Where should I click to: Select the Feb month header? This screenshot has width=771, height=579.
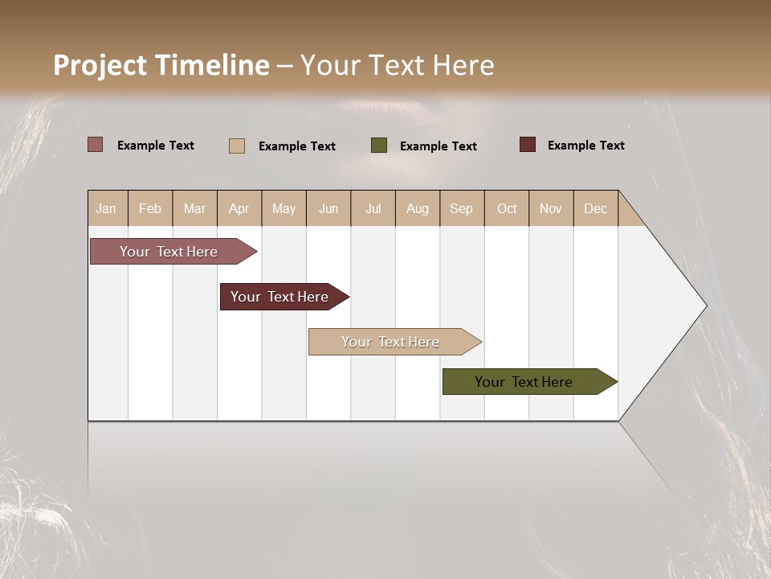coord(150,208)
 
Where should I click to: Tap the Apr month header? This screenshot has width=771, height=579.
coord(239,208)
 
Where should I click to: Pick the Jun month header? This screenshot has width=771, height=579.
coord(328,208)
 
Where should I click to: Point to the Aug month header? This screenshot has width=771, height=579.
coord(418,208)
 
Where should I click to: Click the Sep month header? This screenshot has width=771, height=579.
coord(462,208)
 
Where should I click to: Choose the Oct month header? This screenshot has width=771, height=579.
coord(507,208)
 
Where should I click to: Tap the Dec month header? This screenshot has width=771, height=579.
coord(596,208)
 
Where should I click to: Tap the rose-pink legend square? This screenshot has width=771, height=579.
coord(95,145)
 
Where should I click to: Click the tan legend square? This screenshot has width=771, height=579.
coord(237,146)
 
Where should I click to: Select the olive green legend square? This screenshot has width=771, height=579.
coord(379,145)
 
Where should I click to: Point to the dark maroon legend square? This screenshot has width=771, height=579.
coord(528,145)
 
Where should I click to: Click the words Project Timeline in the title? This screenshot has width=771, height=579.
coord(161,65)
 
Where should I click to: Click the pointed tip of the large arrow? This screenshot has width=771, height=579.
coord(704,306)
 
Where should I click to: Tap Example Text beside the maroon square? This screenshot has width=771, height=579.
coord(586,146)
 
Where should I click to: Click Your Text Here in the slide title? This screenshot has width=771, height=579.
coord(397,65)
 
